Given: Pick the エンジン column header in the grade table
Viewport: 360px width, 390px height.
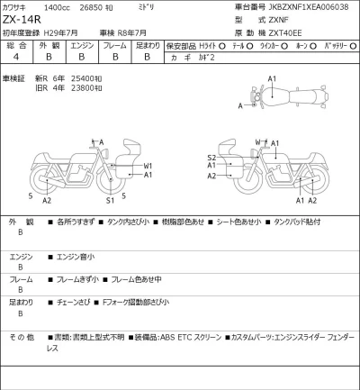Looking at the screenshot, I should tap(82, 43).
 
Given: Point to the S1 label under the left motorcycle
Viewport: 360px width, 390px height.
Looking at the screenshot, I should tap(110, 200).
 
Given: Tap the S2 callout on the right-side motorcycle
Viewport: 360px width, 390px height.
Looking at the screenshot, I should tap(211, 156).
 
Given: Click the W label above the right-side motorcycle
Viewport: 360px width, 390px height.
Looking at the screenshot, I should tap(257, 142).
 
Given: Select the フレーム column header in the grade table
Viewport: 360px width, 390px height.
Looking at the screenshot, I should tap(114, 43).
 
